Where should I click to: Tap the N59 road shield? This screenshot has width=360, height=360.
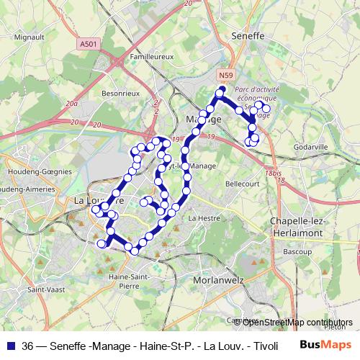226,74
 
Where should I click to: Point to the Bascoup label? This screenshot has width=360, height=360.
297,253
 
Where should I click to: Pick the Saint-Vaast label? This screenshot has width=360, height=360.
43,290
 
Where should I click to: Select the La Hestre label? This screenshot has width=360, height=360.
202,217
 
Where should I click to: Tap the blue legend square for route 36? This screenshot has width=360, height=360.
10,346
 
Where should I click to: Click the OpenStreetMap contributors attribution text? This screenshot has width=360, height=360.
298,322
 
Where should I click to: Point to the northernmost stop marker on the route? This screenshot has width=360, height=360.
222,91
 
